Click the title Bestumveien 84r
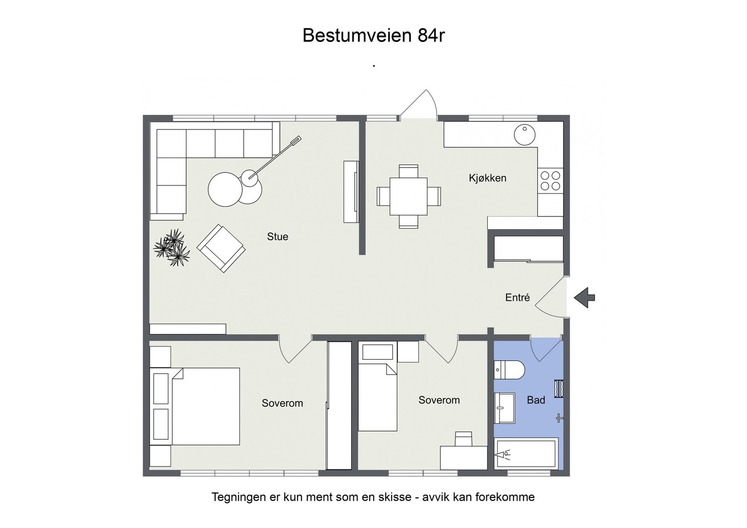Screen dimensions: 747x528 pyautogui.click(x=373, y=35)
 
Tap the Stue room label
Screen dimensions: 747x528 pyautogui.click(x=277, y=236)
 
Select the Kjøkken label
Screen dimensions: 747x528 pyautogui.click(x=487, y=178)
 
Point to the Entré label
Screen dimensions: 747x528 pyautogui.click(x=517, y=298)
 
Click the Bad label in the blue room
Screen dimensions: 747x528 pyautogui.click(x=536, y=400)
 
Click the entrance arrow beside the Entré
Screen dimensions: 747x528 pyautogui.click(x=584, y=298)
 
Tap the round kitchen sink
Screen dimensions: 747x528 pyautogui.click(x=525, y=135)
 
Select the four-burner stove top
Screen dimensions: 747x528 pyautogui.click(x=550, y=181)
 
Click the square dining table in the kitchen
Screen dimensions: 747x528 pyautogui.click(x=409, y=196)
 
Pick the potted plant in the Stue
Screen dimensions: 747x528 pyautogui.click(x=172, y=247)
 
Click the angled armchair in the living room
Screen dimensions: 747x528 pyautogui.click(x=221, y=249)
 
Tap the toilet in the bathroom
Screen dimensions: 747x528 pyautogui.click(x=509, y=370)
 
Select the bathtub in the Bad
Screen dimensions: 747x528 pyautogui.click(x=526, y=454)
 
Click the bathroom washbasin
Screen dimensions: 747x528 pyautogui.click(x=504, y=408)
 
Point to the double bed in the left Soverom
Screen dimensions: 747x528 pyautogui.click(x=195, y=406)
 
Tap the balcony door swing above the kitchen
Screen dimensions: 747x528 pyautogui.click(x=418, y=104)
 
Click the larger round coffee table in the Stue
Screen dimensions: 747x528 pyautogui.click(x=225, y=189)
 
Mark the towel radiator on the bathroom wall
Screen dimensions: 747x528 pyautogui.click(x=559, y=389)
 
